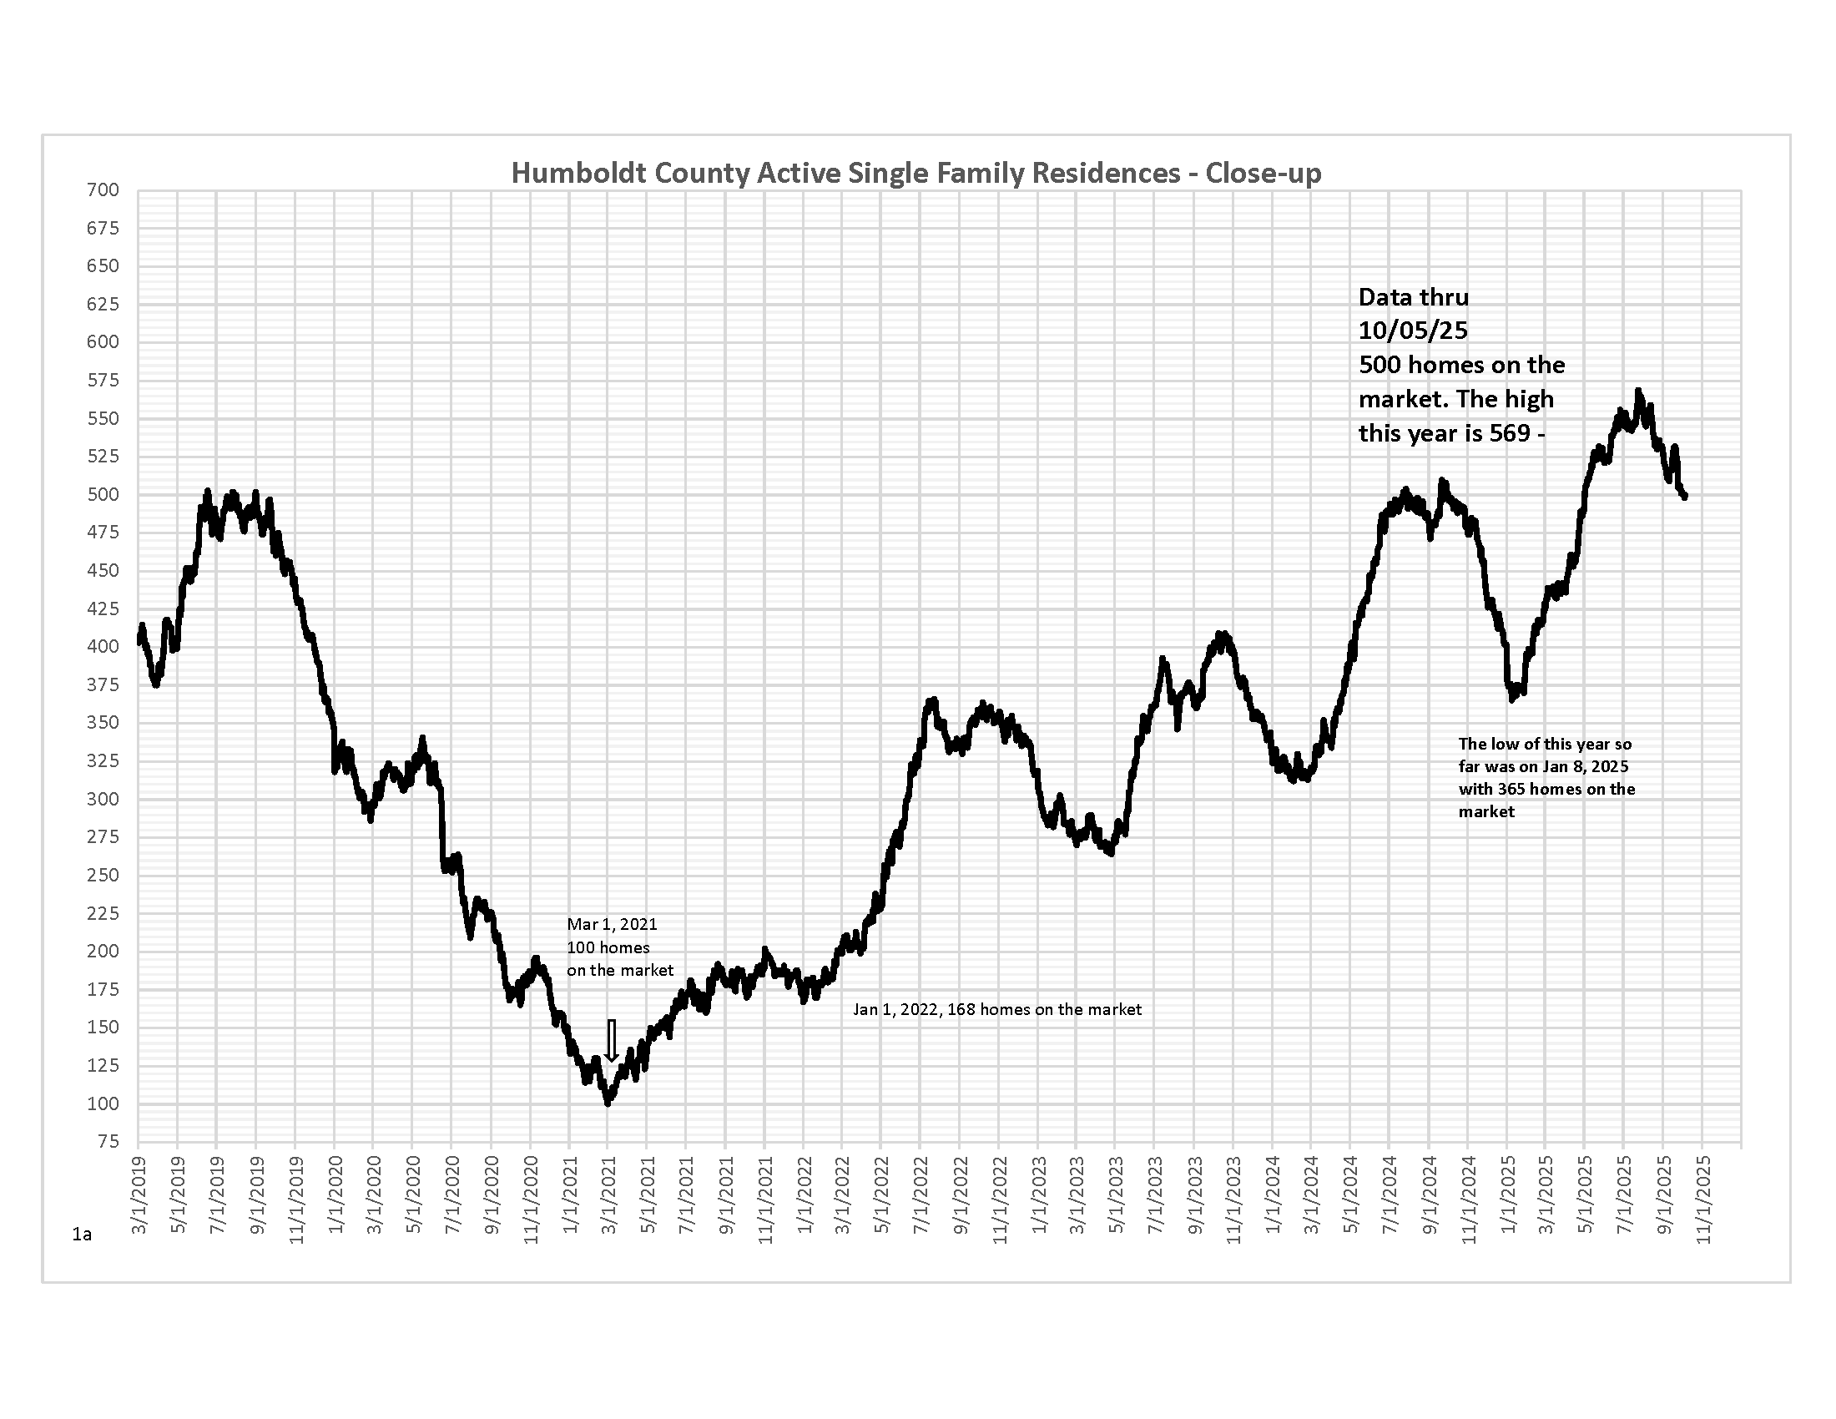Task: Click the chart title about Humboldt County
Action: (x=916, y=173)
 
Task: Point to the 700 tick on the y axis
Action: (x=103, y=190)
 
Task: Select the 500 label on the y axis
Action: (x=103, y=494)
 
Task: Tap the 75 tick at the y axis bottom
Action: (x=108, y=1141)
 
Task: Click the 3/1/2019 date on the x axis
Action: (x=139, y=1195)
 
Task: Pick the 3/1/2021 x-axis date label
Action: (x=608, y=1195)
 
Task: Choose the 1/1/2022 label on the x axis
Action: (x=805, y=1195)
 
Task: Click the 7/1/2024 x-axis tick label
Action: (x=1390, y=1195)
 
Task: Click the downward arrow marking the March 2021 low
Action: (x=612, y=1041)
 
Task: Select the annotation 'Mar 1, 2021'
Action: (x=612, y=924)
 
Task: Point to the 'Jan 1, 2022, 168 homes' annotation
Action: (x=997, y=1009)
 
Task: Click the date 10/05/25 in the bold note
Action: (x=1413, y=331)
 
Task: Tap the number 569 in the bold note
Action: (x=1509, y=433)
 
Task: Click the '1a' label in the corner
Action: (x=82, y=1234)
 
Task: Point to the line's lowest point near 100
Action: (x=608, y=1102)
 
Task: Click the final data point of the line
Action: (x=1685, y=497)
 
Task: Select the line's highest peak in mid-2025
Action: (x=1637, y=391)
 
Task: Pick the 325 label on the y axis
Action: (x=103, y=760)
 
